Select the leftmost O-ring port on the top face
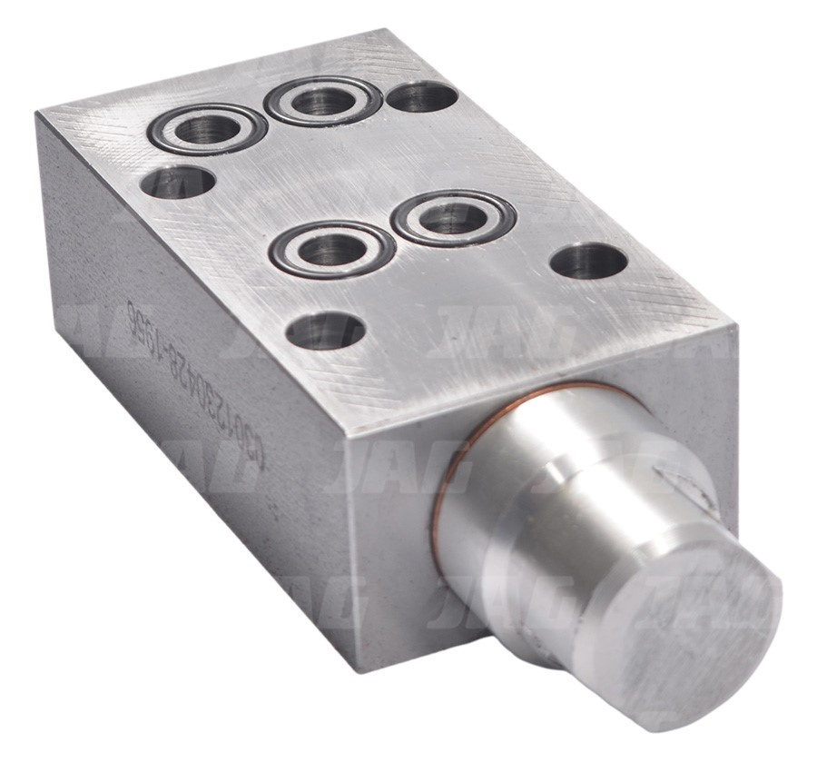coord(207,131)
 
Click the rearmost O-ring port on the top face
coord(322,101)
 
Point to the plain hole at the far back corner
coord(419,96)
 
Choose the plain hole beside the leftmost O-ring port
coord(177,183)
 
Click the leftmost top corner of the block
coord(38,113)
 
